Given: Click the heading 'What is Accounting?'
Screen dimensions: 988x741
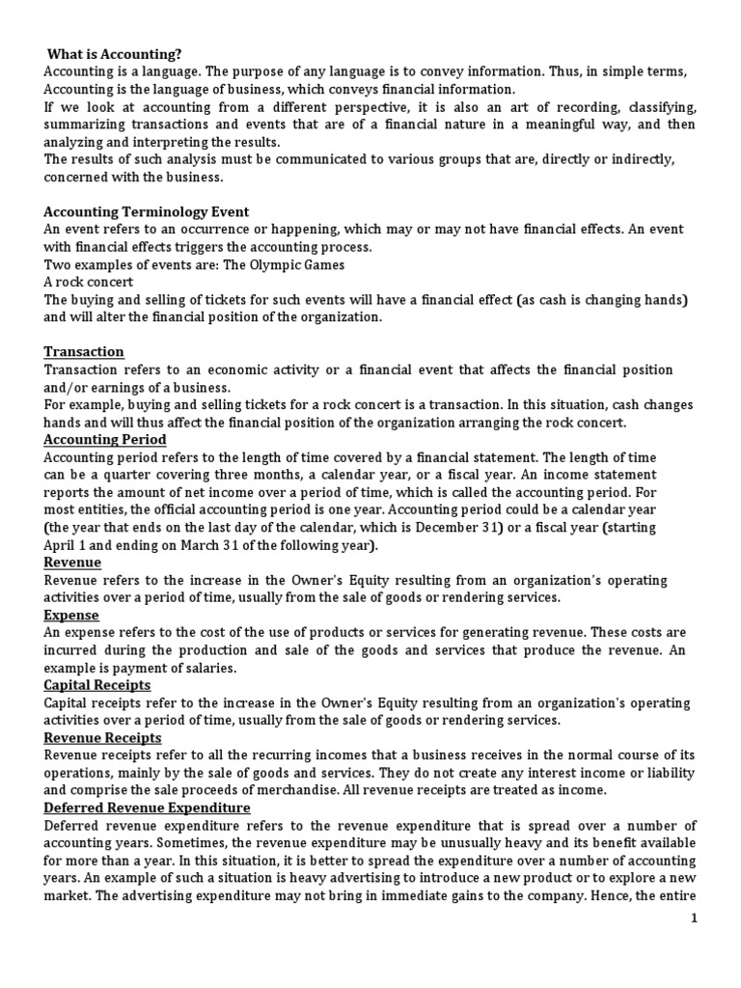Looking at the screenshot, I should click(113, 55).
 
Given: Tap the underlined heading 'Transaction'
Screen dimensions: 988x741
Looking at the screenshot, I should click(84, 352).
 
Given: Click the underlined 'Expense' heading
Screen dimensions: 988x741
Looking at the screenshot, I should click(71, 614).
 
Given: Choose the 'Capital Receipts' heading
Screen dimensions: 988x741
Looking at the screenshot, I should click(97, 684).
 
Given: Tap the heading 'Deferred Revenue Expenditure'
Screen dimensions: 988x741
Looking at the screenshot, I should click(147, 808).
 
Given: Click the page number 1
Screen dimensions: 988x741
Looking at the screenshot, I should click(720, 919).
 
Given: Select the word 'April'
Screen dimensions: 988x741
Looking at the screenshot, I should click(61, 544).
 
